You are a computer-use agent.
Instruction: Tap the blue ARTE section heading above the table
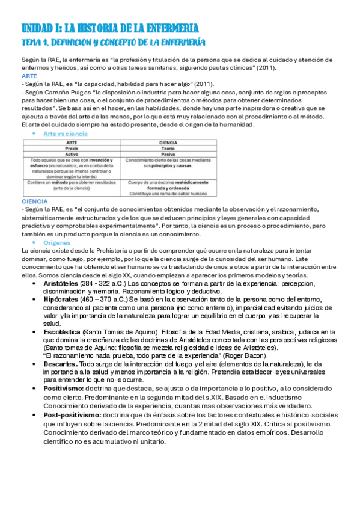[x=29, y=76]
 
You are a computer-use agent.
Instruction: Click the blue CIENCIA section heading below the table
[x=34, y=201]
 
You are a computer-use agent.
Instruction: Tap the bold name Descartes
[x=60, y=364]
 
